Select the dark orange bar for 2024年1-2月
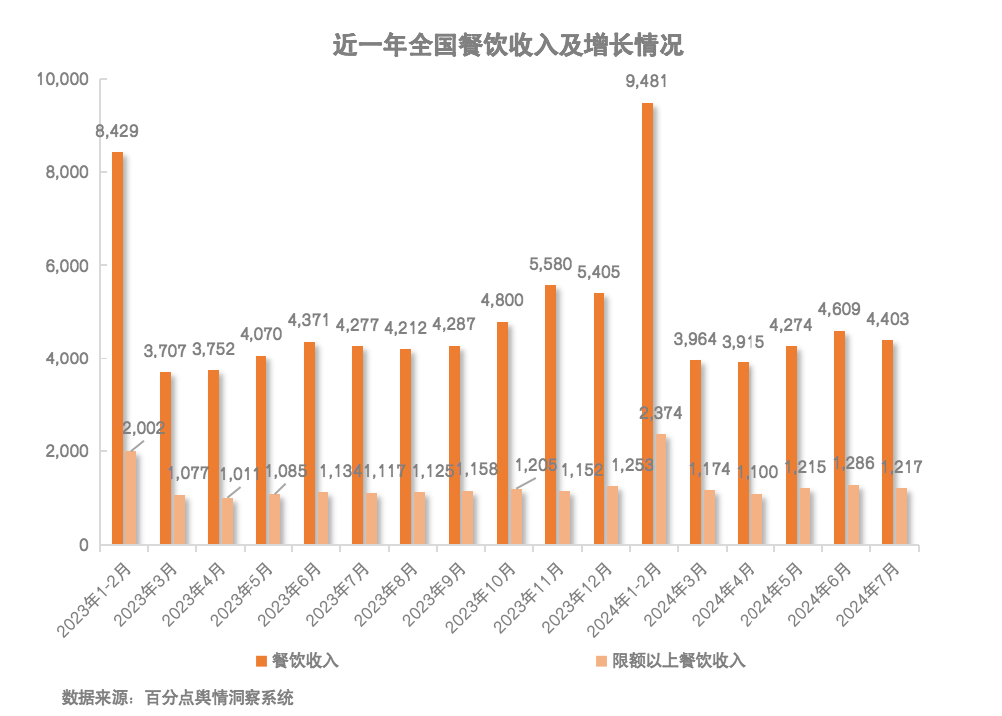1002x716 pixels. pyautogui.click(x=647, y=324)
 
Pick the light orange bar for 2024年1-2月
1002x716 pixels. pyautogui.click(x=660, y=489)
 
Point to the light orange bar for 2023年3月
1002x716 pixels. pyautogui.click(x=179, y=519)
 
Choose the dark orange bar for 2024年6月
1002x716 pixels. pyautogui.click(x=839, y=437)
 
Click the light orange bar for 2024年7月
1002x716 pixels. pyautogui.click(x=901, y=516)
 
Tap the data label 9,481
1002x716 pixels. pyautogui.click(x=646, y=81)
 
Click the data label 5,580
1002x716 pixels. pyautogui.click(x=550, y=264)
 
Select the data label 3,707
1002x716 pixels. pyautogui.click(x=164, y=351)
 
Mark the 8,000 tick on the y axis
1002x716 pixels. pyautogui.click(x=69, y=172)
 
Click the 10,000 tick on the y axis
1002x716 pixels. pyautogui.click(x=62, y=79)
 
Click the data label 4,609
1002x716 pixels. pyautogui.click(x=838, y=308)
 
